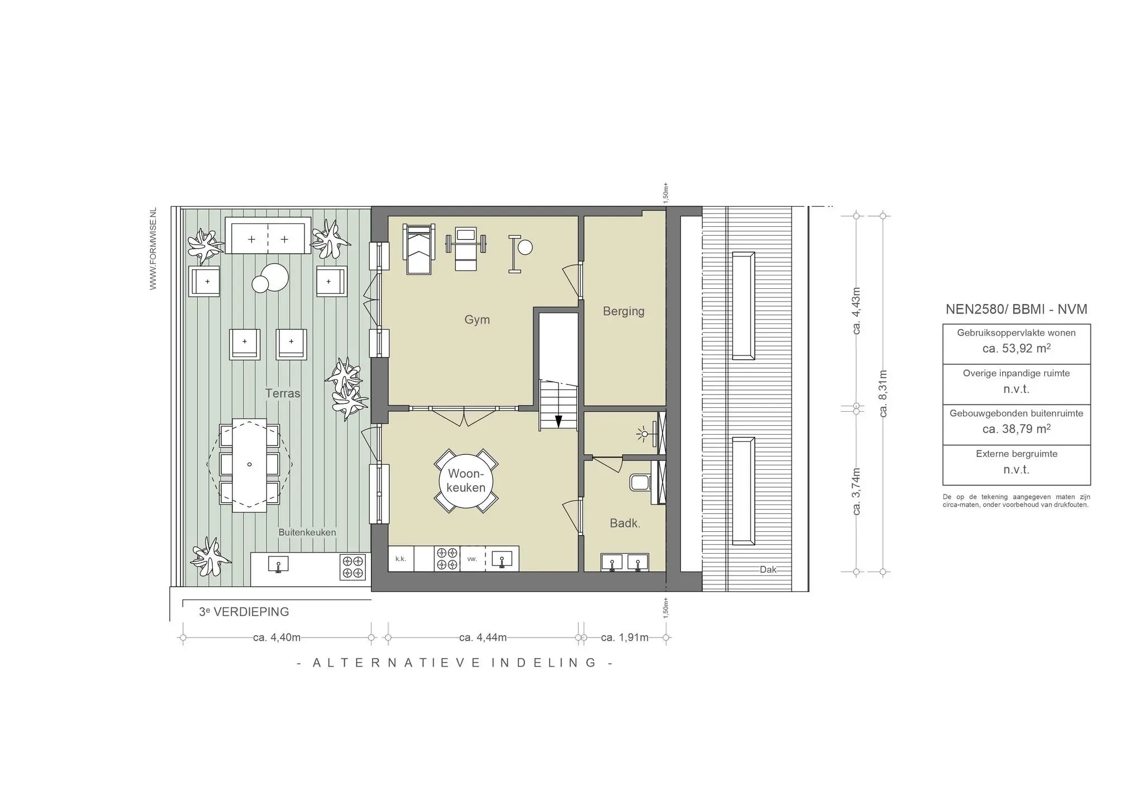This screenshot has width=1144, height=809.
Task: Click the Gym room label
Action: [477, 320]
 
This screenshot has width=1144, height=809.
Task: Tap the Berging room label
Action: [623, 311]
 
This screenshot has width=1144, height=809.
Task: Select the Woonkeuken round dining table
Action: [466, 480]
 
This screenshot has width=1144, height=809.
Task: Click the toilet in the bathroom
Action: [639, 482]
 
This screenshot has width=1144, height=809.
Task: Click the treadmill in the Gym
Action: [419, 249]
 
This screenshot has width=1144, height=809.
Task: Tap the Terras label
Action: [283, 393]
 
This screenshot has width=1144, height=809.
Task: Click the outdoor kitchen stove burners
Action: [353, 566]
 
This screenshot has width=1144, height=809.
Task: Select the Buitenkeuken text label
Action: [307, 532]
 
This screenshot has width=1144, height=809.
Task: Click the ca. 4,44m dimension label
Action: [483, 637]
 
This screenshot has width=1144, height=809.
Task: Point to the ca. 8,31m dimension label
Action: [883, 393]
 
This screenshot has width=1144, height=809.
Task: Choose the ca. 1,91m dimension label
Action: [625, 637]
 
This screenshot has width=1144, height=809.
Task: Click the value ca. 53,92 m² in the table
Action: [1016, 349]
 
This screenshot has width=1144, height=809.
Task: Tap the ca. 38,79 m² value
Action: [1016, 429]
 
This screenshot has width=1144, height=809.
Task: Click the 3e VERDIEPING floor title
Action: [244, 612]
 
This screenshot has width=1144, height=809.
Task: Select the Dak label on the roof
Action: [768, 569]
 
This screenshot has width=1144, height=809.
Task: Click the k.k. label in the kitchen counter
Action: [401, 559]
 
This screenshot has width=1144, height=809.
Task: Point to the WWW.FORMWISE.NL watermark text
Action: [153, 249]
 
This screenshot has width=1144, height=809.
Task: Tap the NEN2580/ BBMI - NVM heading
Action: [1016, 309]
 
